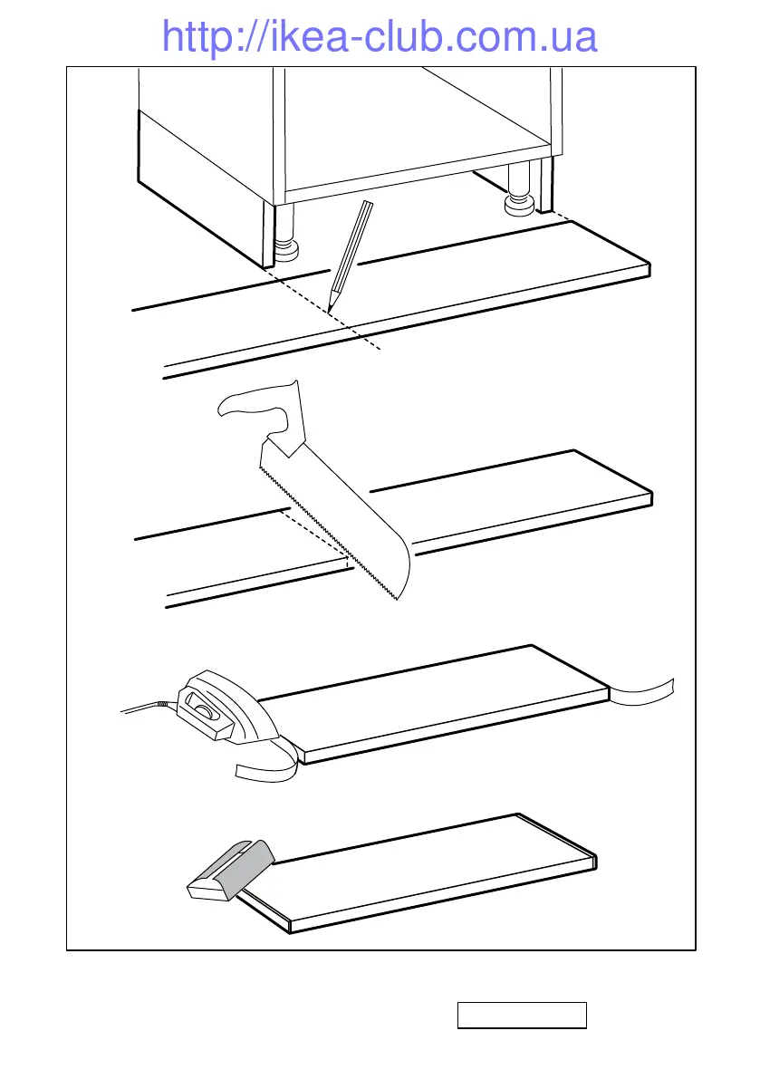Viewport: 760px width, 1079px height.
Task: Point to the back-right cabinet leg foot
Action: pos(518,206)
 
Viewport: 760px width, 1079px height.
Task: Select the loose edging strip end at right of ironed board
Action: pos(644,693)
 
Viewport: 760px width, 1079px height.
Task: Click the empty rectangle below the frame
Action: pos(522,1016)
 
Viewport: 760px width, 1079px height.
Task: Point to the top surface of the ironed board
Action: pos(435,702)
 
